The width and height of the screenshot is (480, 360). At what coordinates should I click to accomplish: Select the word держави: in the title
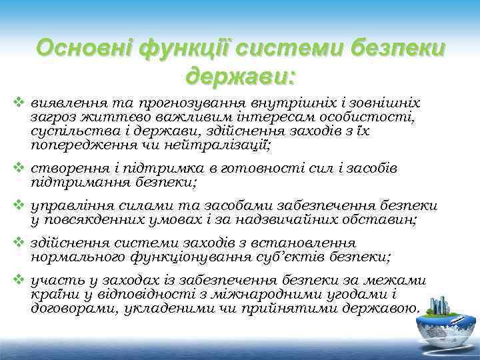pyautogui.click(x=240, y=76)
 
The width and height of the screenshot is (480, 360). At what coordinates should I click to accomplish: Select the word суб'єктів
pyautogui.click(x=283, y=258)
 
